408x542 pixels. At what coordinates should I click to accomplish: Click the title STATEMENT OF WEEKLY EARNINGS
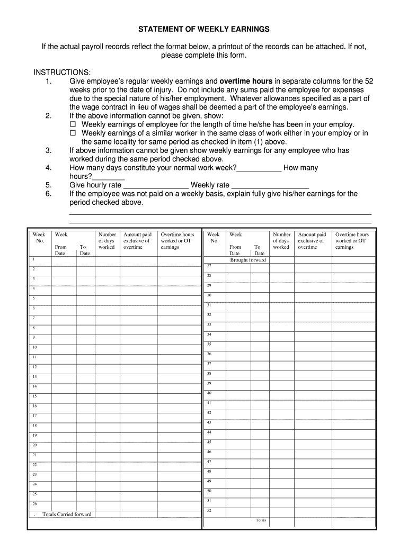[204, 29]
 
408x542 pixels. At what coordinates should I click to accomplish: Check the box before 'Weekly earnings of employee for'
[74, 125]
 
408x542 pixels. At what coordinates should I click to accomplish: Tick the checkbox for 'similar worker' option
[74, 133]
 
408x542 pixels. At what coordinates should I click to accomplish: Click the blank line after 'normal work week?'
[259, 168]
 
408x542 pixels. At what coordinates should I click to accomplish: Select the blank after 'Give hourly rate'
[156, 185]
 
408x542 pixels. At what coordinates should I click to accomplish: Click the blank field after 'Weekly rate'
[270, 185]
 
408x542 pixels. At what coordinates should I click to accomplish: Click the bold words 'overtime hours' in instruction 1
[246, 82]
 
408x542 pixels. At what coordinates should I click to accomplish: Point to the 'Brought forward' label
[248, 260]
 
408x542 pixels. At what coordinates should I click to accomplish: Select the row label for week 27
[209, 266]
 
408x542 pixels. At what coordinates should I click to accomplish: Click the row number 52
[209, 510]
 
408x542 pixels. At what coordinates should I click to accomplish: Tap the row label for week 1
[33, 259]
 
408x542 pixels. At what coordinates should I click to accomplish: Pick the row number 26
[34, 504]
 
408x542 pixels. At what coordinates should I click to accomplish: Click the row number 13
[34, 377]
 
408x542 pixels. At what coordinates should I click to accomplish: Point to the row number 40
[209, 393]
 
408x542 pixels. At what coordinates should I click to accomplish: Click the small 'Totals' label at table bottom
[261, 520]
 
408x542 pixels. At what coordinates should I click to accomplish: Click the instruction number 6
[48, 194]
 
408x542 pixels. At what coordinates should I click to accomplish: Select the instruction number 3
[48, 150]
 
